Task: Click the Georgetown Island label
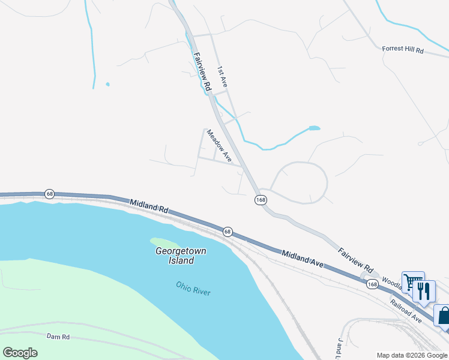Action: click(175, 256)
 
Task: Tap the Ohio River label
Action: click(194, 288)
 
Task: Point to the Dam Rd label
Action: click(58, 337)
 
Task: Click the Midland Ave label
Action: click(303, 259)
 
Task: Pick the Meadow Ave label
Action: click(219, 145)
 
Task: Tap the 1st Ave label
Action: click(223, 77)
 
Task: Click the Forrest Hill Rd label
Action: click(403, 51)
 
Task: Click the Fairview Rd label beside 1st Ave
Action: click(202, 71)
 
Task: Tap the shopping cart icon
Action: click(412, 283)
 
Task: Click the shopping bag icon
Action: click(444, 316)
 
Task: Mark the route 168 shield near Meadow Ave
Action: click(260, 200)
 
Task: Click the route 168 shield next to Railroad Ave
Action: click(372, 284)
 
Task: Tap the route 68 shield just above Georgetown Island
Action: click(227, 231)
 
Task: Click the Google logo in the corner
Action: click(20, 353)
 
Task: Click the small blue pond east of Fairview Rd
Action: click(314, 128)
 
